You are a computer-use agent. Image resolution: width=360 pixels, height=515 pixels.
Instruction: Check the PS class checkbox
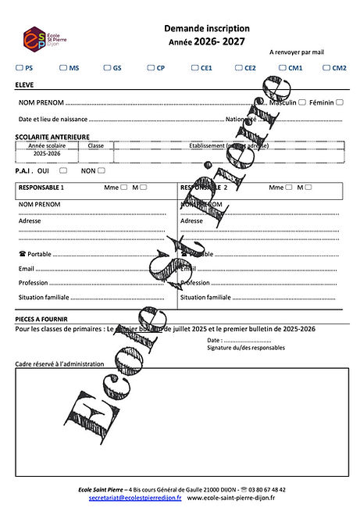click(x=19, y=68)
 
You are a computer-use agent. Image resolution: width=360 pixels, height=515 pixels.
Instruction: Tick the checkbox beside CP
click(x=151, y=68)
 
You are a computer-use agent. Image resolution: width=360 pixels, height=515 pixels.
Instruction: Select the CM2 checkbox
click(x=327, y=68)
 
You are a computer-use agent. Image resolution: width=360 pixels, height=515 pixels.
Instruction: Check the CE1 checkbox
click(x=195, y=68)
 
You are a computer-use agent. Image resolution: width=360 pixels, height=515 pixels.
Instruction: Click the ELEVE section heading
click(x=24, y=84)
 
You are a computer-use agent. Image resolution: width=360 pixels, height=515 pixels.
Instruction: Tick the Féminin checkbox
click(x=340, y=102)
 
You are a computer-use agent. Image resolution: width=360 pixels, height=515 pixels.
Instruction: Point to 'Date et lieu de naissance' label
click(x=53, y=120)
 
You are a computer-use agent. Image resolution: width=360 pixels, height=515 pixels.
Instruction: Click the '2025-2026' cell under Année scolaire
click(x=47, y=154)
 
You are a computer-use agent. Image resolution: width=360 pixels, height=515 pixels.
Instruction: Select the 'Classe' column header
click(x=96, y=146)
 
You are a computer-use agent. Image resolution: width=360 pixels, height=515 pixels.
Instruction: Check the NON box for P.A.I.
click(x=102, y=170)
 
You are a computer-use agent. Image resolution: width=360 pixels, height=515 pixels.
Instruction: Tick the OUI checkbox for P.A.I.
click(x=62, y=170)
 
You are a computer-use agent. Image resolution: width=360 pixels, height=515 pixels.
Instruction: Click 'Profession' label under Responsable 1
click(x=34, y=283)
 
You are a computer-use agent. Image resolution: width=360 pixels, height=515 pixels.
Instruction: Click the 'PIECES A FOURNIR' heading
click(x=41, y=319)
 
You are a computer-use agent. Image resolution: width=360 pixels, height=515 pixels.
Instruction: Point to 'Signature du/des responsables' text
click(x=246, y=348)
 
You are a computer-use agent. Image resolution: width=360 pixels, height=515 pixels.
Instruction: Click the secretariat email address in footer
click(x=135, y=497)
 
